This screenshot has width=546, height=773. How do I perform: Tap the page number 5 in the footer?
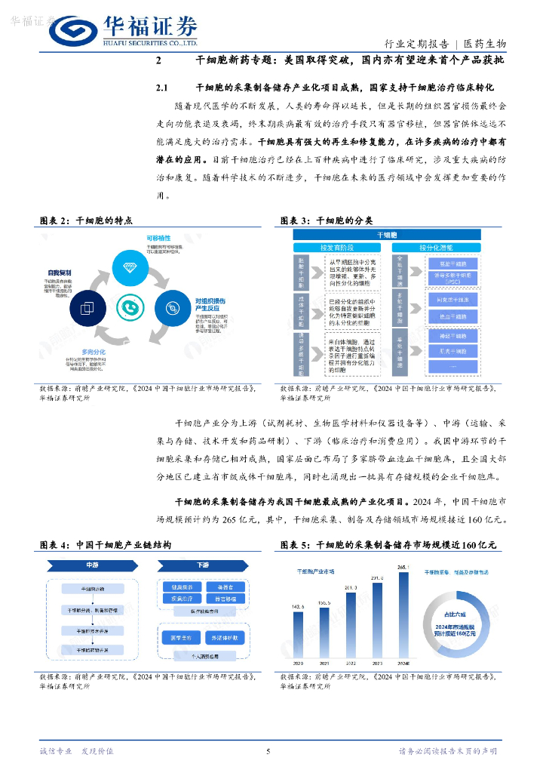tap(268, 751)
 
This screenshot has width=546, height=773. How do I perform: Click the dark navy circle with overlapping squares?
tap(87, 309)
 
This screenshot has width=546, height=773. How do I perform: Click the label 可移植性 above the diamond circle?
tap(158, 239)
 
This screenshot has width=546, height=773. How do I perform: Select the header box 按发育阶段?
tap(336, 247)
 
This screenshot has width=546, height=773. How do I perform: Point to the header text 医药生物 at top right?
tap(485, 44)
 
